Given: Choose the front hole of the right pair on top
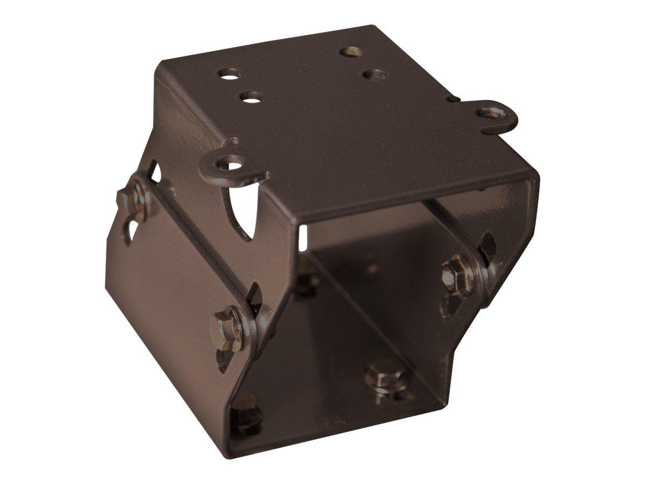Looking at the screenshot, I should (374, 74).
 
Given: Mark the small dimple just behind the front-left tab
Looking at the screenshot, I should (232, 141).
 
